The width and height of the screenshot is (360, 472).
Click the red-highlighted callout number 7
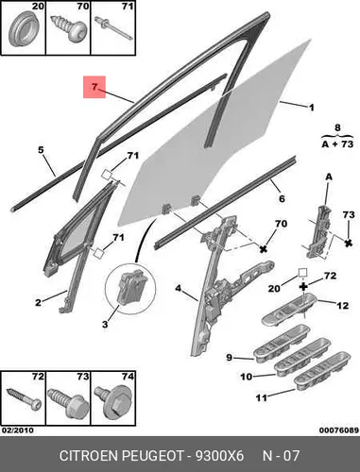click(x=94, y=87)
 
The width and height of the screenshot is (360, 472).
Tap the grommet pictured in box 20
click(x=24, y=29)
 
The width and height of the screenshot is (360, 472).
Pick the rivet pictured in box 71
click(x=113, y=28)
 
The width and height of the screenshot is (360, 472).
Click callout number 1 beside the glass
click(x=311, y=108)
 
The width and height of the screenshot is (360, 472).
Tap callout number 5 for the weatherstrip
click(x=41, y=150)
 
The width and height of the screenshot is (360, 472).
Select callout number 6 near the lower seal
click(x=282, y=198)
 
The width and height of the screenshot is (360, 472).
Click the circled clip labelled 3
click(x=130, y=288)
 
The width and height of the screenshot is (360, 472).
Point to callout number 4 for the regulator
click(x=179, y=288)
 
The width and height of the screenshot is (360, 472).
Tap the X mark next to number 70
click(x=263, y=249)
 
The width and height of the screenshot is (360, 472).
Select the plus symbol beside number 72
click(x=303, y=286)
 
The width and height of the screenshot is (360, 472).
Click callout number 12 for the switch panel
click(x=342, y=305)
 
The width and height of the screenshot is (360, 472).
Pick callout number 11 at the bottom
click(x=262, y=398)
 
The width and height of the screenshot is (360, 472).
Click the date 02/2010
click(x=17, y=430)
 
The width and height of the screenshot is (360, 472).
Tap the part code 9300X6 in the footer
click(x=219, y=456)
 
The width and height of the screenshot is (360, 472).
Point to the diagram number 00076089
click(x=339, y=430)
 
